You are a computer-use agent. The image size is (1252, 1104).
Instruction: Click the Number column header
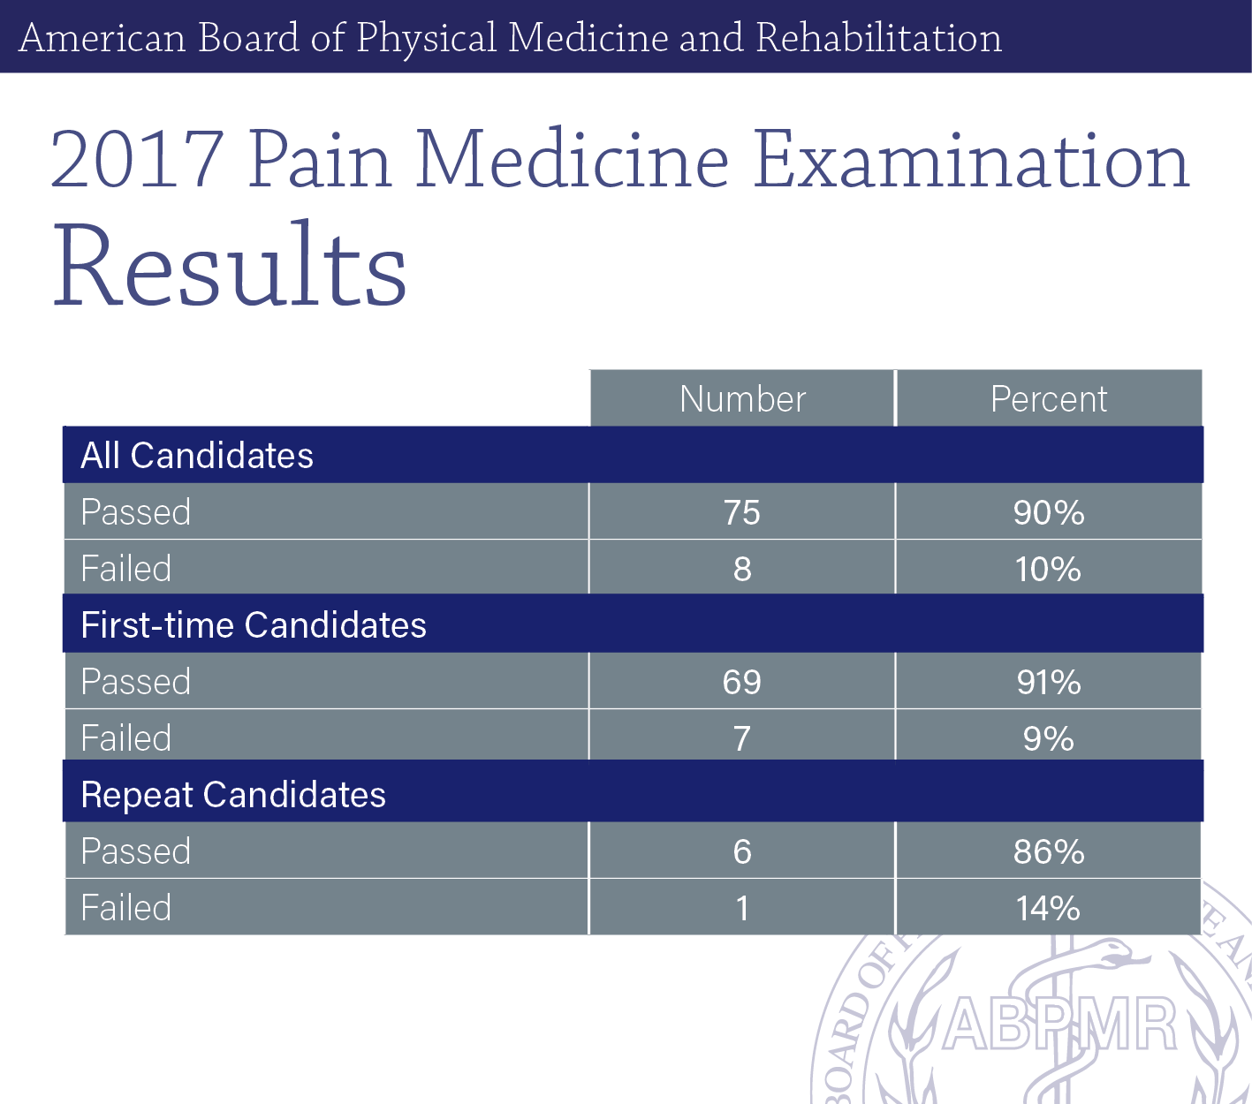pyautogui.click(x=742, y=398)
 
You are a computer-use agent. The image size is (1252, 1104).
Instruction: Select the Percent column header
pyautogui.click(x=1049, y=398)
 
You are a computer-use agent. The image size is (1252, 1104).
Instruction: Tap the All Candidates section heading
pyautogui.click(x=197, y=456)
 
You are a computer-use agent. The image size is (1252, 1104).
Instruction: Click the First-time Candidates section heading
pyautogui.click(x=254, y=624)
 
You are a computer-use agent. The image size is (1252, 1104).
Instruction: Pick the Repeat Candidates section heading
pyautogui.click(x=233, y=795)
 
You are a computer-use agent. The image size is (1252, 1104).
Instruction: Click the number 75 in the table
pyautogui.click(x=741, y=513)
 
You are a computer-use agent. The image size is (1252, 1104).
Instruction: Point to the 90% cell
pyautogui.click(x=1049, y=513)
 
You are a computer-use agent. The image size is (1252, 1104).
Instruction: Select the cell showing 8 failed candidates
pyautogui.click(x=742, y=569)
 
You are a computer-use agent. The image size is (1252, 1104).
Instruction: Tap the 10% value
pyautogui.click(x=1049, y=569)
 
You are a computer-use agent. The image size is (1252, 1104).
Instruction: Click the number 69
pyautogui.click(x=741, y=682)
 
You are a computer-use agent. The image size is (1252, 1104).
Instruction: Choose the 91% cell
pyautogui.click(x=1049, y=682)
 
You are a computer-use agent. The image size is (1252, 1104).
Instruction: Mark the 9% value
pyautogui.click(x=1049, y=738)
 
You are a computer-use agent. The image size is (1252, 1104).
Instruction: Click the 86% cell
pyautogui.click(x=1049, y=852)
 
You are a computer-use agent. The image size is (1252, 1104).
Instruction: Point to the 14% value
pyautogui.click(x=1049, y=908)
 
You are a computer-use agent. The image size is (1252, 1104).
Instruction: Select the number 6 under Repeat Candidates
pyautogui.click(x=742, y=852)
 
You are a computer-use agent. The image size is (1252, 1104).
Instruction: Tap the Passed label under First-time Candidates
pyautogui.click(x=136, y=682)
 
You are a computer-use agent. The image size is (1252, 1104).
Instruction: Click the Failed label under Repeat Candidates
pyautogui.click(x=126, y=908)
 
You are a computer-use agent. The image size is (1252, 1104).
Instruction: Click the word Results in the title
pyautogui.click(x=230, y=264)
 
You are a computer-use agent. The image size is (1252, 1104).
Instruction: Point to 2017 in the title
pyautogui.click(x=137, y=159)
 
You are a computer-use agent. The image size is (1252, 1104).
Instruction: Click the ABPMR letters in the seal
pyautogui.click(x=1059, y=1025)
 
